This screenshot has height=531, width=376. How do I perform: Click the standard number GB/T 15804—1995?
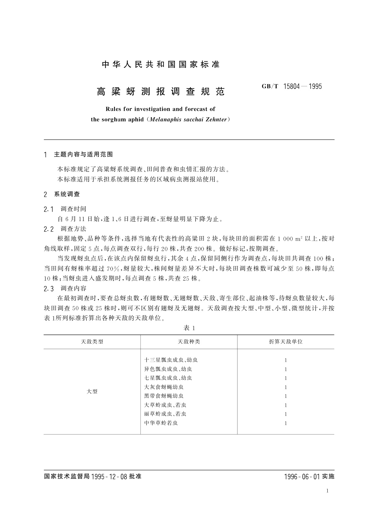[292, 86]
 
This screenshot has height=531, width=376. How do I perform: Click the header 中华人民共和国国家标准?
[161, 65]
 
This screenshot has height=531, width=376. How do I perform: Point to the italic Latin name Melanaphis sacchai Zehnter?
[188, 120]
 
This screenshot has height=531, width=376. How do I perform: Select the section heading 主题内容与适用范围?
[83, 155]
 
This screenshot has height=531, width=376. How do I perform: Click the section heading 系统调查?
[67, 194]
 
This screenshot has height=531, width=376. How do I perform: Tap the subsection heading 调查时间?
[73, 209]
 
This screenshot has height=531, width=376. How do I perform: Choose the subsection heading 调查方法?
[73, 229]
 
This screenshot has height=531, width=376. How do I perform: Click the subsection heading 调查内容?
[73, 288]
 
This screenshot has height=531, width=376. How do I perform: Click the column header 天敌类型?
[92, 341]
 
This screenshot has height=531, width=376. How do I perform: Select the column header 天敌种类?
[189, 341]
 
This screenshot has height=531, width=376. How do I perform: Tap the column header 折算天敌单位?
[285, 341]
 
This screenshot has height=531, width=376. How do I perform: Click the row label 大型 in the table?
[92, 391]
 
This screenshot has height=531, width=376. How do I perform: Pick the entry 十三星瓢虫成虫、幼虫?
[171, 360]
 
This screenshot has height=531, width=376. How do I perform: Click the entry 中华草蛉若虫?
[161, 423]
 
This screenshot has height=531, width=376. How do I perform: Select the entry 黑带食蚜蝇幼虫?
[164, 396]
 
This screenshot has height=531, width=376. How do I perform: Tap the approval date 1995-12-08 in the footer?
[109, 476]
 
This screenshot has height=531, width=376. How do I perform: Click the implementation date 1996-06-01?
[302, 476]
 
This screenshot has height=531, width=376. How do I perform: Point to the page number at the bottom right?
[327, 491]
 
